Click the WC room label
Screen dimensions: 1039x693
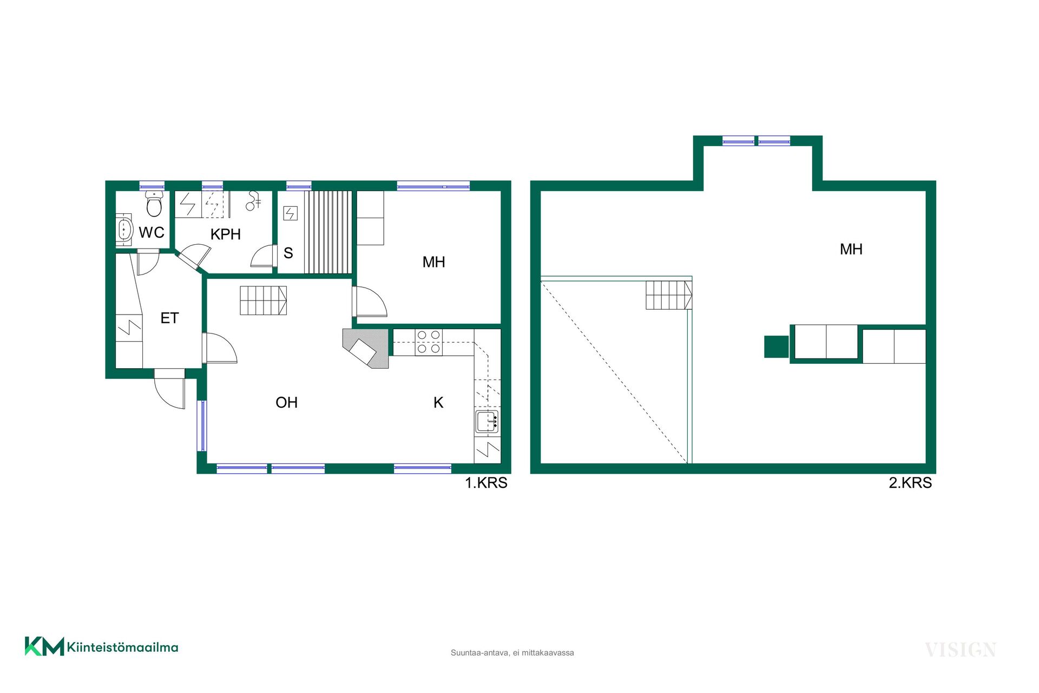(152, 233)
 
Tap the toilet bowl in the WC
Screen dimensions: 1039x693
(154, 203)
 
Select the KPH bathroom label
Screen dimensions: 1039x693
(226, 234)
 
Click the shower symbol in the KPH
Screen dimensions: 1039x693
(253, 201)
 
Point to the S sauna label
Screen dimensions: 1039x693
(288, 253)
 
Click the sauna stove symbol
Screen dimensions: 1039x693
(291, 213)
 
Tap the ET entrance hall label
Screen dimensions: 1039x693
(169, 318)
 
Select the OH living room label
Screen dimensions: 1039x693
(287, 402)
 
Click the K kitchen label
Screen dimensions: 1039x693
(438, 402)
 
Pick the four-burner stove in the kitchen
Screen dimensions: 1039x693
(429, 342)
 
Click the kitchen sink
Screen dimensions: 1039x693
(487, 422)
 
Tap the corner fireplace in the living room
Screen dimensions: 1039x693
(366, 348)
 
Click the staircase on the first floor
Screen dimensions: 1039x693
(264, 300)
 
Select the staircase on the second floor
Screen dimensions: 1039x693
(669, 295)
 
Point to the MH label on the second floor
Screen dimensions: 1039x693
(851, 249)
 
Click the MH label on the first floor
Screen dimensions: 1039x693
(434, 262)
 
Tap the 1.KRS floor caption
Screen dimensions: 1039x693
(486, 482)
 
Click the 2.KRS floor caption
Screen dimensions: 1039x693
(910, 482)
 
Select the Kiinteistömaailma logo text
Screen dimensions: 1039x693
(123, 647)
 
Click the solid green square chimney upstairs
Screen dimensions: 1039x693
(777, 346)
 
